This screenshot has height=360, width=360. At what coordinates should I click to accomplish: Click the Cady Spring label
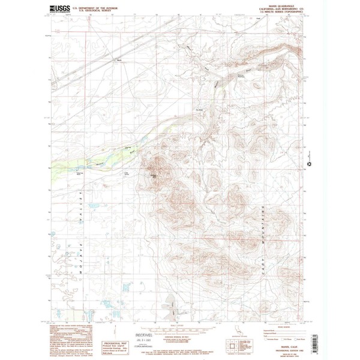[126, 173]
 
